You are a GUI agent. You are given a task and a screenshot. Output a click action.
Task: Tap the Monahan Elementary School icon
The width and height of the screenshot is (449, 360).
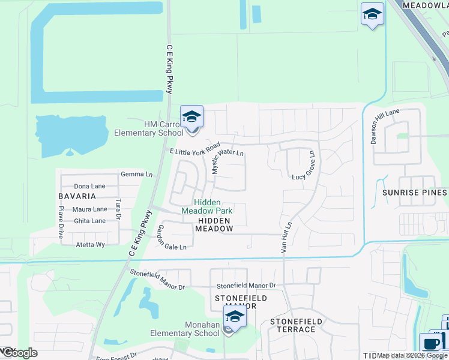[235, 316]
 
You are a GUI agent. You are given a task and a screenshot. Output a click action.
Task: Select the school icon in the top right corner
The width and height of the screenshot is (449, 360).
[372, 14]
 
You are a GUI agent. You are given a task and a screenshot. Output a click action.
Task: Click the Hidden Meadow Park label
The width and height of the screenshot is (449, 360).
[206, 206]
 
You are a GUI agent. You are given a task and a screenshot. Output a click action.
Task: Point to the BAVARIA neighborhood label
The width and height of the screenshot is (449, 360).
[77, 196]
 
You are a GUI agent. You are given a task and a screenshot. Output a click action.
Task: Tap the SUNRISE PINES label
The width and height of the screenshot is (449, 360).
[414, 193]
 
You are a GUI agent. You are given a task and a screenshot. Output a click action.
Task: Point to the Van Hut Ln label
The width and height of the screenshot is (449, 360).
[286, 236]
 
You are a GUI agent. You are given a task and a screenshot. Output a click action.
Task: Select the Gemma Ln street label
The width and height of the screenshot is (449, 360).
[136, 174]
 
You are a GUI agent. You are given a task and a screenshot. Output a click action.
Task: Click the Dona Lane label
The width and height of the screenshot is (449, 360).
[89, 186]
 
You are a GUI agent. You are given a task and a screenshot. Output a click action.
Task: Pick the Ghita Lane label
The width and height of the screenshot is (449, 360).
[89, 221]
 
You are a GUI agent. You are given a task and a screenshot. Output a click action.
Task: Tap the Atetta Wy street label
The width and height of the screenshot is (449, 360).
[90, 245]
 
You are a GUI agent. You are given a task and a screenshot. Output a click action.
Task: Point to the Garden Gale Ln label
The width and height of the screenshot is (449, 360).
[172, 239]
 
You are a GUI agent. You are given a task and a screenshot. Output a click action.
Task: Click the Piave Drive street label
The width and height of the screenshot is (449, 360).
[61, 223]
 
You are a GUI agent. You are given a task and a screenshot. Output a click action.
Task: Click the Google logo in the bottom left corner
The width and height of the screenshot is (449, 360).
[19, 353]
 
